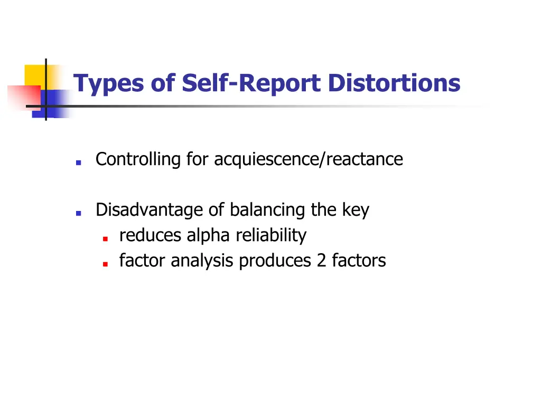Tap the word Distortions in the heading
[x=394, y=83]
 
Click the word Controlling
[x=138, y=159]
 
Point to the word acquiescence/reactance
[x=309, y=159]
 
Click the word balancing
[x=268, y=210]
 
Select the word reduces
[x=151, y=235]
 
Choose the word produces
[x=275, y=261]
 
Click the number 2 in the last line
[x=321, y=261]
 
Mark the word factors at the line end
[x=359, y=261]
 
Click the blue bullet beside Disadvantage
[x=78, y=214]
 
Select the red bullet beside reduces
[x=106, y=238]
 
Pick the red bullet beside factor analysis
[x=106, y=264]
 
